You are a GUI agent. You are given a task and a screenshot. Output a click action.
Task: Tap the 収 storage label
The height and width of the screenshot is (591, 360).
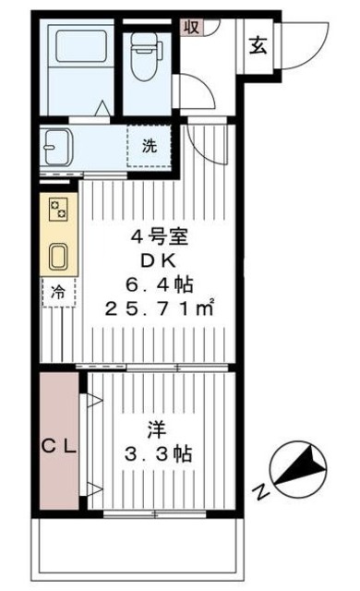191,25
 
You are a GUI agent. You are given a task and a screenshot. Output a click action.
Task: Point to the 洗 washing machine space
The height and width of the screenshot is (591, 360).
149,145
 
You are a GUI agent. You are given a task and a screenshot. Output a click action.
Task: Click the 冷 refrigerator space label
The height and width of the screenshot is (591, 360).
57,293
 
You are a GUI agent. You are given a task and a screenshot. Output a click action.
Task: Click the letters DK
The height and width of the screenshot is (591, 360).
162,261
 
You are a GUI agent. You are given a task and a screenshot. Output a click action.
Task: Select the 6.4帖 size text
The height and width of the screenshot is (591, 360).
166,283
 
